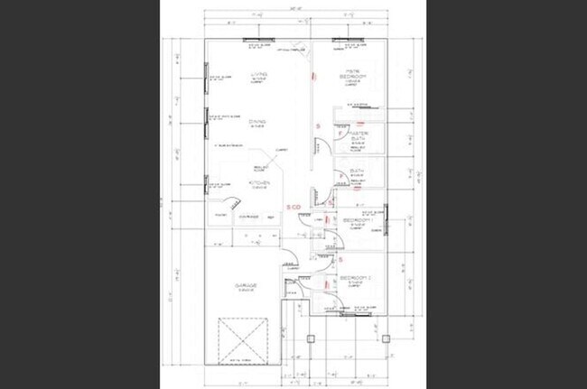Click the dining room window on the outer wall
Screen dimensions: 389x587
click(207, 118)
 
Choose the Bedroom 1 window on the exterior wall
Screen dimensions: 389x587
click(387, 217)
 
